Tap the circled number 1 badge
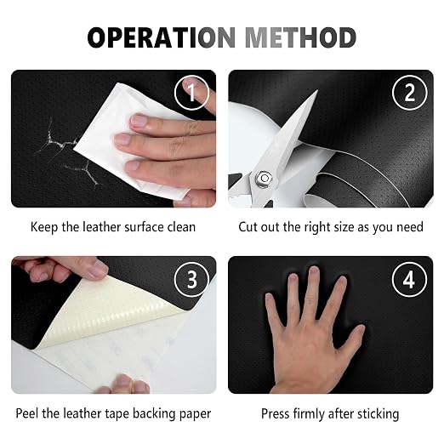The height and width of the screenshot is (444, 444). point(191,93)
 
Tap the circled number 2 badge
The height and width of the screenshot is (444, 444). point(410,93)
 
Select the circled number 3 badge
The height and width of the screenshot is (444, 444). point(191,280)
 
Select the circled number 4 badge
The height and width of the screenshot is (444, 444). point(410,280)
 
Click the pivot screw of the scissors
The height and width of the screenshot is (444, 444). point(265,178)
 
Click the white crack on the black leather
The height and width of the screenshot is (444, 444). point(66,151)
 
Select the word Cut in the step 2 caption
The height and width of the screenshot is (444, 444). point(248,227)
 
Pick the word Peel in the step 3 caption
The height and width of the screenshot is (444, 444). point(27,413)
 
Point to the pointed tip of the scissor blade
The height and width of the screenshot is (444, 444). point(317,90)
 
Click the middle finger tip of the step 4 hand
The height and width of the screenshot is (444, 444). point(314,270)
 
